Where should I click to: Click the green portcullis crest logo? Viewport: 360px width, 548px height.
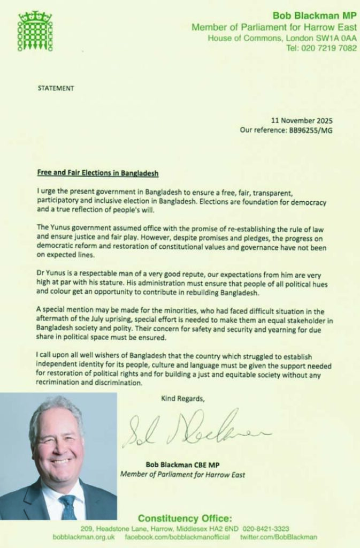35,31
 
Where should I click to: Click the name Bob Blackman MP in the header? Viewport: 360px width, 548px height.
314,16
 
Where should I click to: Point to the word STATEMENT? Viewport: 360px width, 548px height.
56,88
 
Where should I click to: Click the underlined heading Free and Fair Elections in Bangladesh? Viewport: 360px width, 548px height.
98,174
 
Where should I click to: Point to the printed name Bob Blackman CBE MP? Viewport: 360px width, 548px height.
182,465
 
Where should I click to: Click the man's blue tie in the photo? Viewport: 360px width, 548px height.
67,506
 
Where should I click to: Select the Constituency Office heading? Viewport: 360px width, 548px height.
185,518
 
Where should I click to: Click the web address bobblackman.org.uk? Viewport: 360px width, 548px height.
86,537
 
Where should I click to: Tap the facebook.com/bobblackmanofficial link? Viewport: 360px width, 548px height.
177,537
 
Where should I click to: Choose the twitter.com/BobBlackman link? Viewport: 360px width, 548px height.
279,537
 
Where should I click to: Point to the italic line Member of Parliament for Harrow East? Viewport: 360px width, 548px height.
182,474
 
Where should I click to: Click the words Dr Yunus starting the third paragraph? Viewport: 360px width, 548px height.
52,272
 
